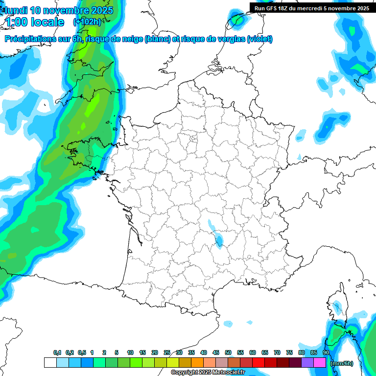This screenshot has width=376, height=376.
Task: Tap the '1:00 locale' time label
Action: click(35, 22)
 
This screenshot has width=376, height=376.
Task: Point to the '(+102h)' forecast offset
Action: click(87, 22)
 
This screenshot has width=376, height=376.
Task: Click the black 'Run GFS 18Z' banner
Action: click(311, 8)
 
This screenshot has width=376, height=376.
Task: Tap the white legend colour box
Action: click(50, 362)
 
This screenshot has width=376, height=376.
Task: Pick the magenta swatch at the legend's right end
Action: click(320, 362)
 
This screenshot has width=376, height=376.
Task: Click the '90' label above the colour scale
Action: click(326, 353)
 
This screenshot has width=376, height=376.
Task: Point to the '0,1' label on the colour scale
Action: click(57, 353)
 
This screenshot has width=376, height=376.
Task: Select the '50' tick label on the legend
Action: click(228, 353)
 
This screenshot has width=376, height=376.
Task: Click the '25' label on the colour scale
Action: click(167, 353)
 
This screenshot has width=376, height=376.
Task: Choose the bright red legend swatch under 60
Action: click(258, 362)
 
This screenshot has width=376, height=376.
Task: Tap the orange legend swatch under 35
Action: click(197, 362)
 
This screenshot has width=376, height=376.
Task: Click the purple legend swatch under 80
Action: click(307, 362)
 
